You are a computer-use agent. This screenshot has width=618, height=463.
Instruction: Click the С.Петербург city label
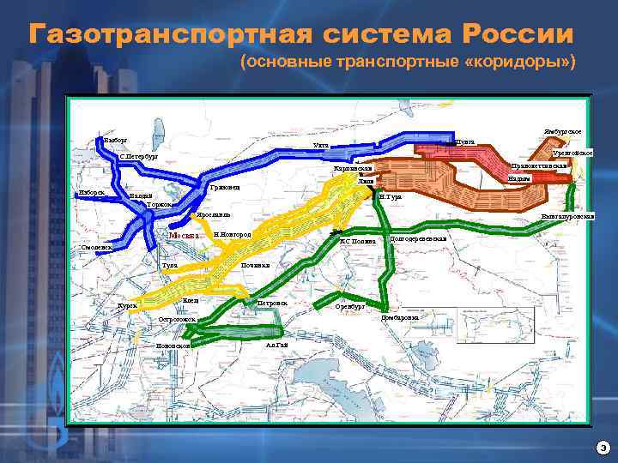pos(138,157)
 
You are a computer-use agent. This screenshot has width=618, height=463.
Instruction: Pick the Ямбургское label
pos(567,131)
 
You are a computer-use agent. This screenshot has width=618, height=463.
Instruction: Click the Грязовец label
pos(225,187)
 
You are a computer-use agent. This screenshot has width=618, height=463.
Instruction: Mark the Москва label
pos(184,235)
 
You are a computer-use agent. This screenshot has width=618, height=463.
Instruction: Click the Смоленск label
pos(96,247)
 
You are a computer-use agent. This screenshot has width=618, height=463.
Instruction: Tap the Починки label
pos(255,265)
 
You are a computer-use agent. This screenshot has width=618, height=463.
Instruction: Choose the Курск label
pos(127,305)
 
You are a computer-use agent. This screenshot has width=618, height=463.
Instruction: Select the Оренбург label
pos(349,305)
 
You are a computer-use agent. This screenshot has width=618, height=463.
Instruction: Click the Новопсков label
pos(173,346)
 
